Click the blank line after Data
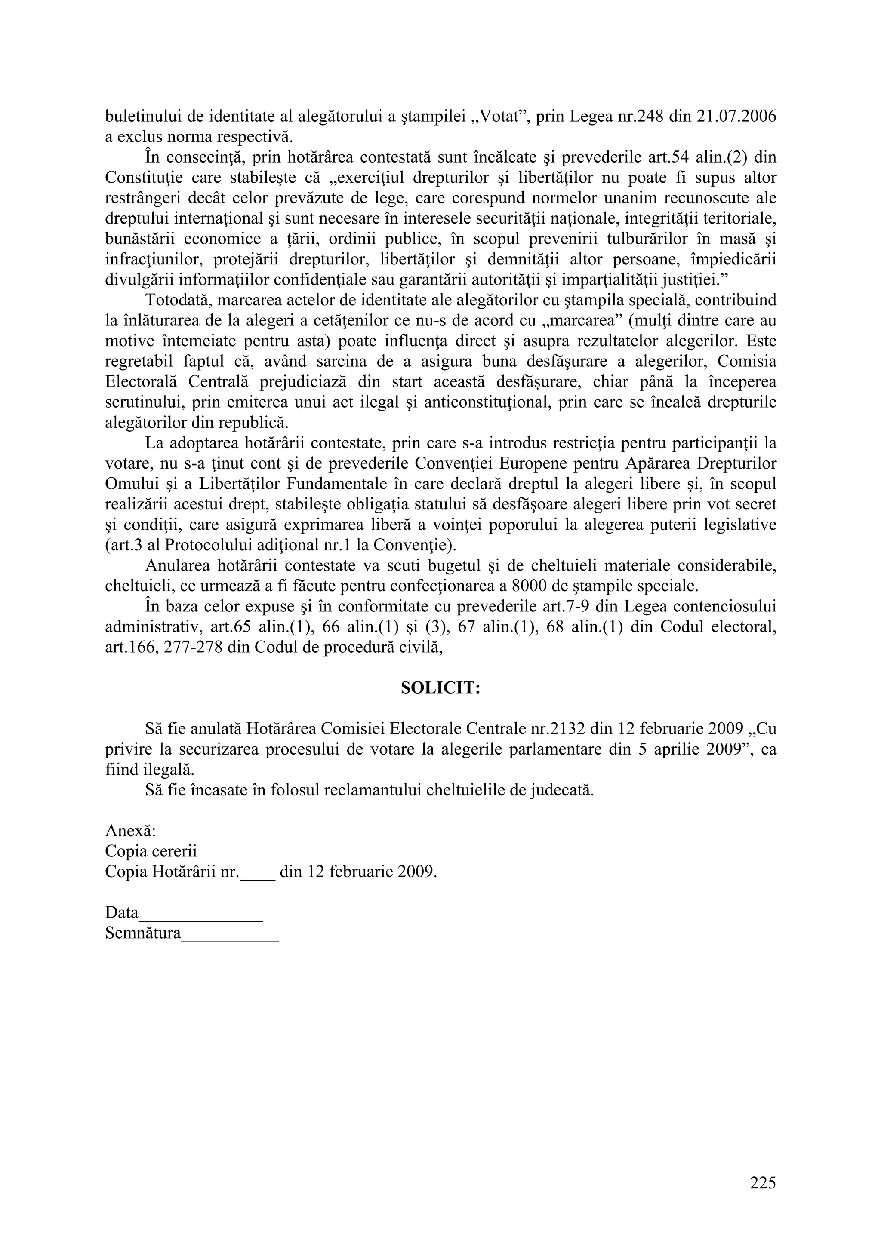pyautogui.click(x=201, y=913)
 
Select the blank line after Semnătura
pyautogui.click(x=230, y=933)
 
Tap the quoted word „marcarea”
pyautogui.click(x=582, y=321)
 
